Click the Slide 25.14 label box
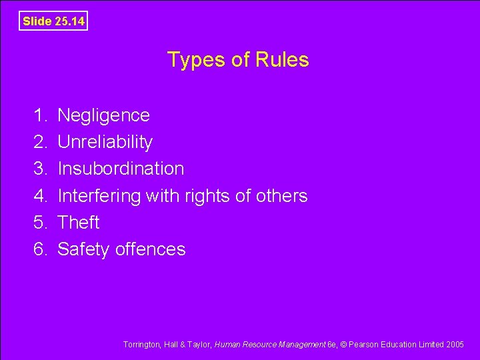[53, 21]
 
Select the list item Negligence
[103, 115]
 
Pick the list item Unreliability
[105, 142]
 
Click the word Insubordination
[121, 169]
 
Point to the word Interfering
[99, 195]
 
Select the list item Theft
[79, 222]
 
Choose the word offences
[150, 249]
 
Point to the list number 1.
[40, 115]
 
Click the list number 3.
[40, 169]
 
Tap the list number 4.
[40, 195]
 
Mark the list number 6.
[40, 249]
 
